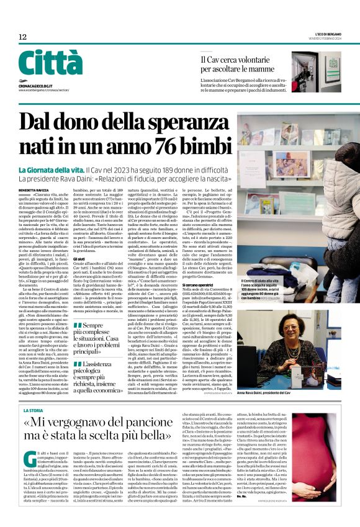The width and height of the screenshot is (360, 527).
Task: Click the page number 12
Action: click(22, 37)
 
